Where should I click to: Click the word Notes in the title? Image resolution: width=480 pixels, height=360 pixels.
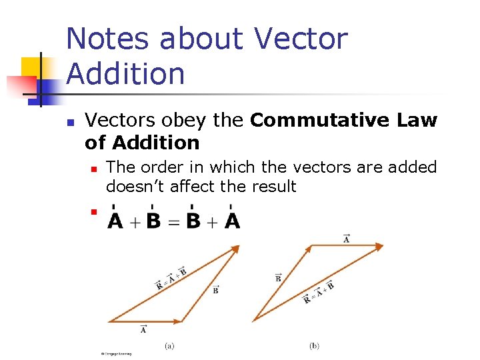pos(107,39)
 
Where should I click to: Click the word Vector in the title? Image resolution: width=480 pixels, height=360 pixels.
pos(301,39)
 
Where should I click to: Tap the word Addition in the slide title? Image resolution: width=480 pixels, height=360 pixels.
pos(126,73)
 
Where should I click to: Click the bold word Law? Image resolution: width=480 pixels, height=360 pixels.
pos(416,121)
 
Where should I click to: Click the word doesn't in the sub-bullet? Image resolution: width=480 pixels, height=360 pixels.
pos(135,187)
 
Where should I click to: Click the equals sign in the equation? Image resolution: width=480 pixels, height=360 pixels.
pos(173,221)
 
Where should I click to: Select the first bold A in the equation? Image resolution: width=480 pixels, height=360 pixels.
pos(115,221)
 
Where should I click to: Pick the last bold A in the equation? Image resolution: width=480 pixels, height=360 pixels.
pos(232,221)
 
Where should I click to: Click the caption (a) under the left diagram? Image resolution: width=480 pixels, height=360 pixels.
pos(170,345)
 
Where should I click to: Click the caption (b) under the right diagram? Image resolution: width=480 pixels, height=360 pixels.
pos(315,345)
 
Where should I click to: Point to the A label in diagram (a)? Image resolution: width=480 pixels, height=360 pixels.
pos(143,329)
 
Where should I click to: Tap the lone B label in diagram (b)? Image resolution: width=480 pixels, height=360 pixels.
pos(278,277)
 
